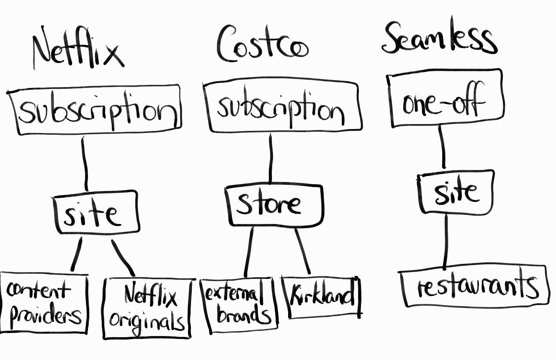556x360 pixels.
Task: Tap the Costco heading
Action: [262, 45]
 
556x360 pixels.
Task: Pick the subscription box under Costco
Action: [282, 107]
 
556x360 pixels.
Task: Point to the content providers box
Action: [44, 303]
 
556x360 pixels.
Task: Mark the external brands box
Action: [239, 305]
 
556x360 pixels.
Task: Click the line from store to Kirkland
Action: [302, 251]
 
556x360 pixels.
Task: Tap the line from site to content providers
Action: [77, 255]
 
